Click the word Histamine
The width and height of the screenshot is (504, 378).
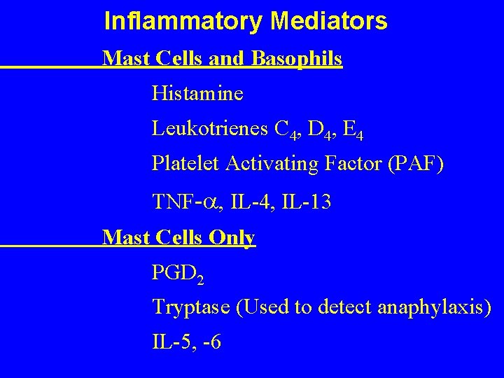click(197, 92)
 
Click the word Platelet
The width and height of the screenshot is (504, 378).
click(186, 164)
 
